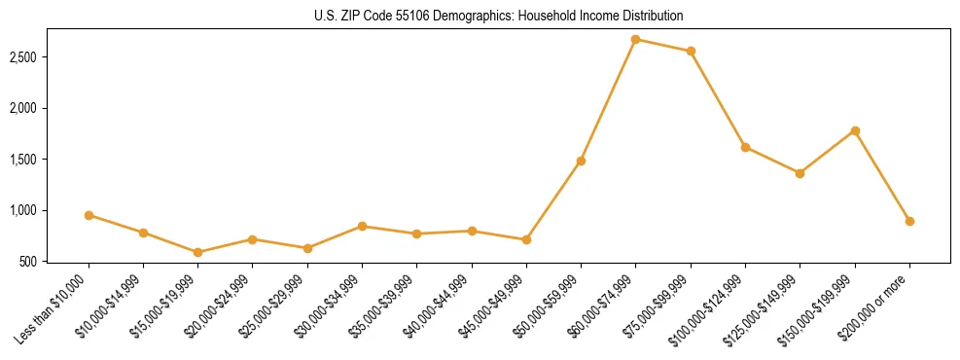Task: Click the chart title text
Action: (499, 17)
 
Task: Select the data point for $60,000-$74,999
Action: (635, 40)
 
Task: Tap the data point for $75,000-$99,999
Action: (691, 51)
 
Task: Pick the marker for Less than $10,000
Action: (89, 215)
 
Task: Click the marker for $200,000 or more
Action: (909, 221)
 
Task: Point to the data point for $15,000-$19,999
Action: (197, 252)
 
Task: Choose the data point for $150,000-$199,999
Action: (855, 130)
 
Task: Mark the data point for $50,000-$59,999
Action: (581, 161)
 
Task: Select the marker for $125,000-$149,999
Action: (800, 173)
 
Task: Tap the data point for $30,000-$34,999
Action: (362, 226)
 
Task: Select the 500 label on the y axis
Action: (54, 262)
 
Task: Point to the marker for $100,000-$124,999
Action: (745, 147)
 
